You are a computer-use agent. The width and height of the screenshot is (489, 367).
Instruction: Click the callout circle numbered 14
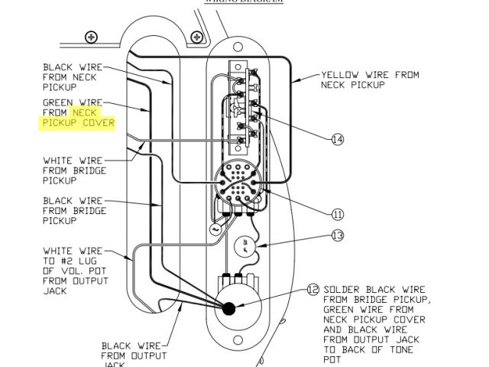[338, 139]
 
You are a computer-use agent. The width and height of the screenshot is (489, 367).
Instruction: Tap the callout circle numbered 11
[338, 214]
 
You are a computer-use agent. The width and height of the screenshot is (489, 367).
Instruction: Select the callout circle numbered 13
[338, 236]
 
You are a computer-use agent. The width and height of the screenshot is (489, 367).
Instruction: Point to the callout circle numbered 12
[312, 290]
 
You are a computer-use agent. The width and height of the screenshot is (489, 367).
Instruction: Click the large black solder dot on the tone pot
[228, 307]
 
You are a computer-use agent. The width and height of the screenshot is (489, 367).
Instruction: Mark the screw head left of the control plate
[92, 36]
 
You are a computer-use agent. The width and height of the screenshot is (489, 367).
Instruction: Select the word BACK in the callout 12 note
[352, 349]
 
